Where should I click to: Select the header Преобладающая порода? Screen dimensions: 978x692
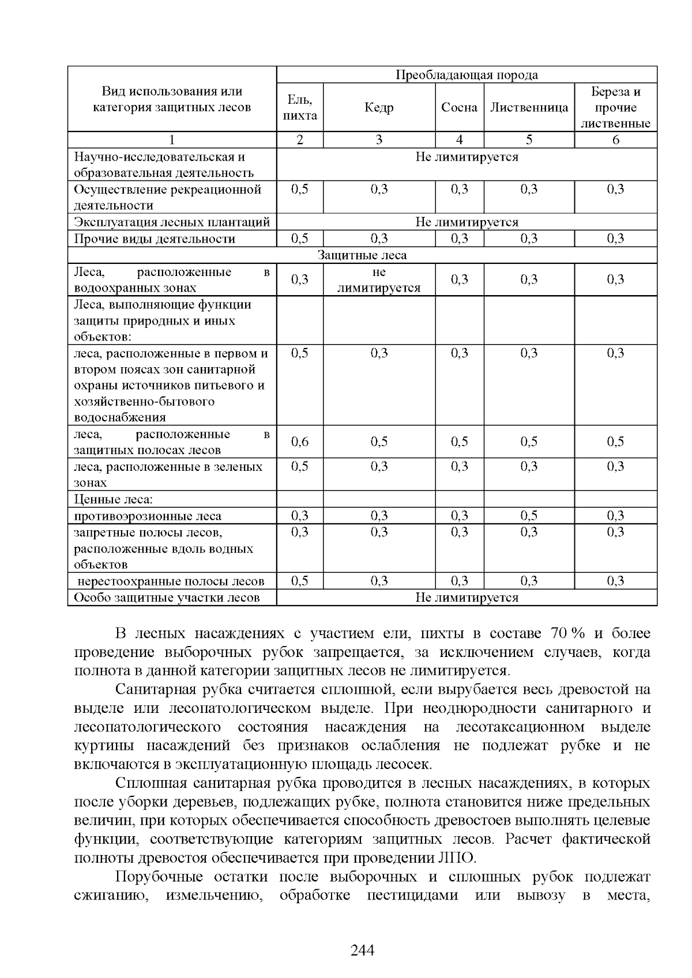pos(467,75)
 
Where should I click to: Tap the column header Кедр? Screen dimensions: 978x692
pos(379,108)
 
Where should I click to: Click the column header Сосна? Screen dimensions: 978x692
pos(459,108)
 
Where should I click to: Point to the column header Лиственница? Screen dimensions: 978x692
pos(529,108)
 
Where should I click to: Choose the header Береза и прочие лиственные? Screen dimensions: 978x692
pos(615,108)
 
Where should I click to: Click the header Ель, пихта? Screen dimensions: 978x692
pos(300,108)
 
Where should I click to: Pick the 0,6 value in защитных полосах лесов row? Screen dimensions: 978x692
pos(300,442)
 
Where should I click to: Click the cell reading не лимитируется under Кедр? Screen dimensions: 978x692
pos(379,280)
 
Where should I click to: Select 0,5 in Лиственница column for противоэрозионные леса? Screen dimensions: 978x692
pos(529,516)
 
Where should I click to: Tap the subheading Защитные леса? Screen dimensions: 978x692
pos(362,255)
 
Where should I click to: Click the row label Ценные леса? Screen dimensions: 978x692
pos(113,500)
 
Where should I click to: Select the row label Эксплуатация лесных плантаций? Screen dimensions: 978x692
pos(172,222)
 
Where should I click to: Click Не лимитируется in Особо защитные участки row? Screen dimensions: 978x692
pos(467,598)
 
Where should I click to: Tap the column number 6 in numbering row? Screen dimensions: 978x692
pos(615,140)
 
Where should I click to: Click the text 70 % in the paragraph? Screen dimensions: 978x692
pos(568,633)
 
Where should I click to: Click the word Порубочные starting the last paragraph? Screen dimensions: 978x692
pos(159,877)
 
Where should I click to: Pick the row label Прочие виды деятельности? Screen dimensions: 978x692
pos(155,239)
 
